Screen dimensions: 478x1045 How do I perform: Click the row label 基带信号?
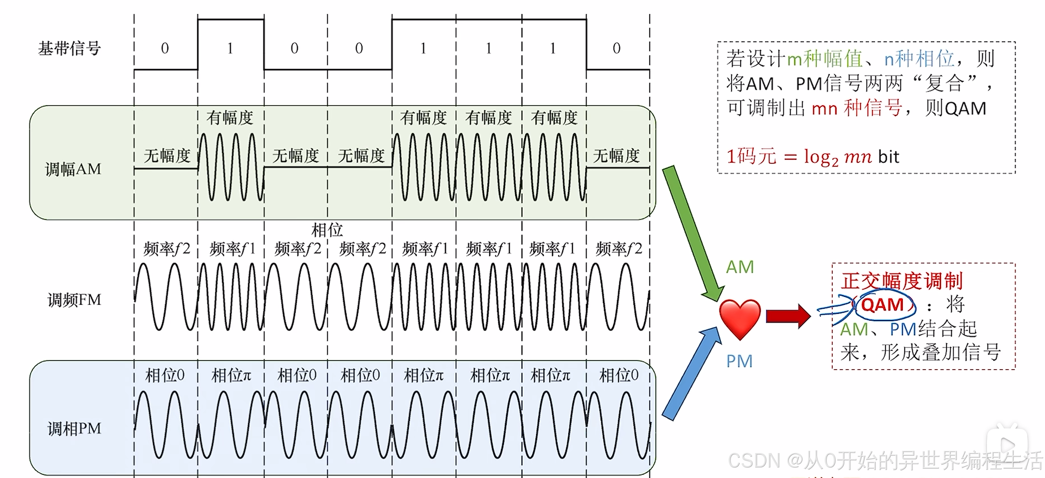69,48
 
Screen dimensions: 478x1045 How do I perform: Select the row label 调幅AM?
73,169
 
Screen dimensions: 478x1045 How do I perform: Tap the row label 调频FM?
74,300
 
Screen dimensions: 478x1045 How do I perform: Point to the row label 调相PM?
74,429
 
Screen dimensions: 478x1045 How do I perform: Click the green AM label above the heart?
740,267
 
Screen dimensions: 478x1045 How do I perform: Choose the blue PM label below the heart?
739,361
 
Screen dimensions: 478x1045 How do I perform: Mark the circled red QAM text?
882,305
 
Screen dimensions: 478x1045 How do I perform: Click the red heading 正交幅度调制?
901,281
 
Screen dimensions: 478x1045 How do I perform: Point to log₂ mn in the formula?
837,157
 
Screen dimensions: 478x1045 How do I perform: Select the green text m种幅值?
825,59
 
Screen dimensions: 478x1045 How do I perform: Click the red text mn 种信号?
857,108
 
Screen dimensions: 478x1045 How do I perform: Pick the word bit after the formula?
888,157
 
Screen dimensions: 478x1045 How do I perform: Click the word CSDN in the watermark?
754,461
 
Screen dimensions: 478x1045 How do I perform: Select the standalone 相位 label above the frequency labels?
327,230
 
